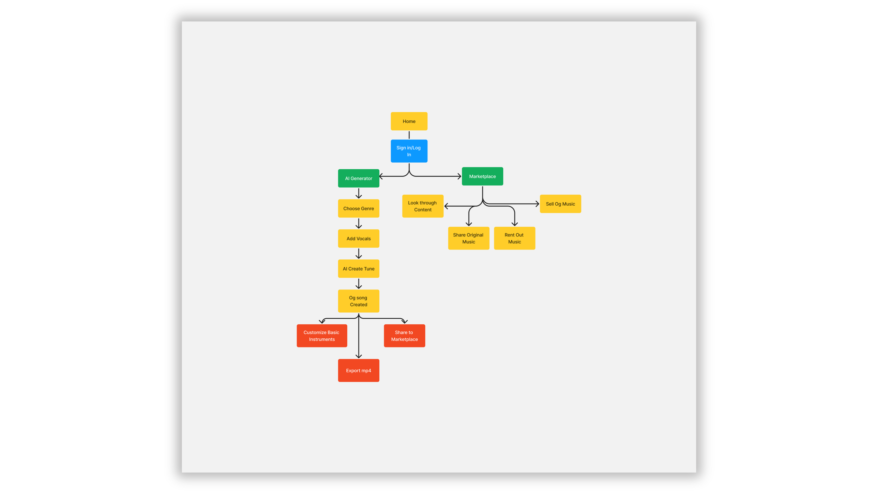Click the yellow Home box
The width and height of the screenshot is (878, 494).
[x=409, y=121]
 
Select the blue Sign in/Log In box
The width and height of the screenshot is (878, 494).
[x=409, y=151]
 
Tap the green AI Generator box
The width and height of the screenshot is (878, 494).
[x=359, y=178]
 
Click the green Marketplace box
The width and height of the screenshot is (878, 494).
[x=482, y=176]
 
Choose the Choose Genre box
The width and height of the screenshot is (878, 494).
[x=359, y=208]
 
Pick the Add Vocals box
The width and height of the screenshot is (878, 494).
[x=359, y=239]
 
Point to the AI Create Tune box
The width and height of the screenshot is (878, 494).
[x=359, y=269]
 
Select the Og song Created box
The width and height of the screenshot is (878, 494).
[x=359, y=301]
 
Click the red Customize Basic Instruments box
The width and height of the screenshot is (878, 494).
[x=322, y=336]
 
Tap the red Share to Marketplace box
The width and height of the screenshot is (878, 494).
[x=404, y=336]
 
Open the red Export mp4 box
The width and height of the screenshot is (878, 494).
[x=359, y=370]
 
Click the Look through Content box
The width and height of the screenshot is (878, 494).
[x=422, y=206]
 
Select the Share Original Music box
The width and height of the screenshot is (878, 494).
[x=469, y=238]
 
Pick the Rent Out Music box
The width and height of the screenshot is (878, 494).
[x=515, y=238]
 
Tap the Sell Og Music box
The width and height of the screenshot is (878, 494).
[x=560, y=204]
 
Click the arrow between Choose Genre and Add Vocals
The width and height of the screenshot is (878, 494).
[x=359, y=223]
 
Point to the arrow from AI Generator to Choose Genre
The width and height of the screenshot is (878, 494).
[x=359, y=193]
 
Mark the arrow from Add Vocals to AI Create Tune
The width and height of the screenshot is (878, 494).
[x=359, y=254]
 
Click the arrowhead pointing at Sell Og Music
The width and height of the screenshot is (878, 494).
[x=537, y=204]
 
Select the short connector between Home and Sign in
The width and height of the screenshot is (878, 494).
[x=409, y=135]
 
